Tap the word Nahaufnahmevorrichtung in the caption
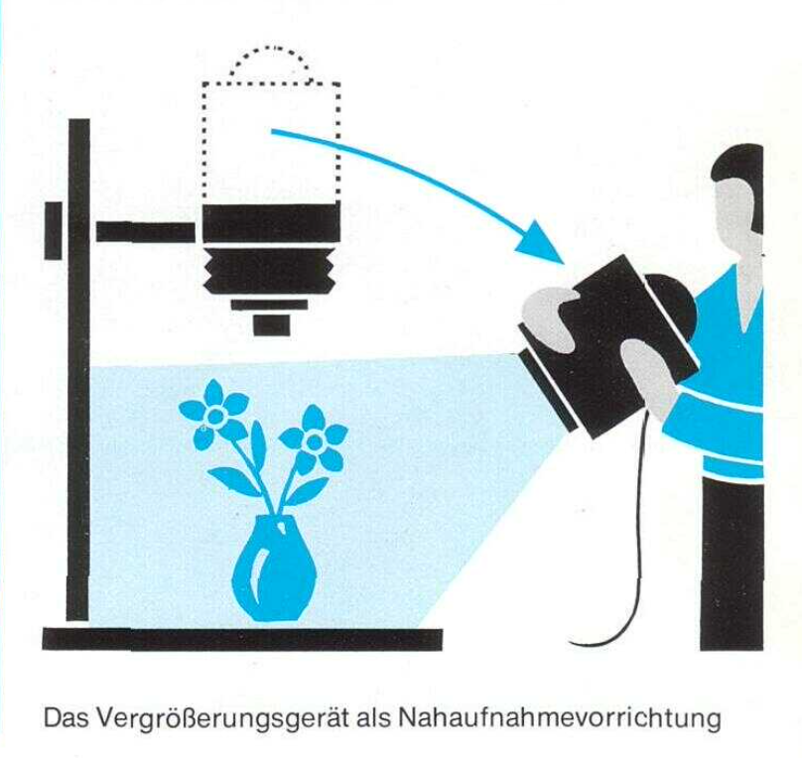point(559,719)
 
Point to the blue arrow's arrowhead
point(543,245)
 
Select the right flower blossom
point(313,440)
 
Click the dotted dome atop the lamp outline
point(270,49)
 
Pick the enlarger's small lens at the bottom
point(272,325)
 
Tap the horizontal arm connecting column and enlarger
point(146,231)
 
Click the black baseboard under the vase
point(242,639)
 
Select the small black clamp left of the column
point(54,230)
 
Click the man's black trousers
point(732,563)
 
